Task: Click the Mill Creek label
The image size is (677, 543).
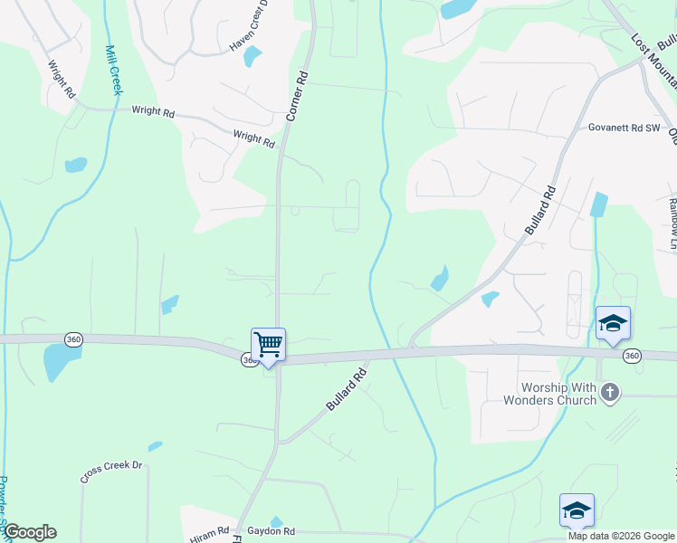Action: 113,70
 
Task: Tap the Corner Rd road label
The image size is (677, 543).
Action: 300,96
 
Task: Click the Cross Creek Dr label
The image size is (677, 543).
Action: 111,472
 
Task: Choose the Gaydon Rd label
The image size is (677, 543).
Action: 271,531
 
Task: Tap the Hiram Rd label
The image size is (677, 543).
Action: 209,536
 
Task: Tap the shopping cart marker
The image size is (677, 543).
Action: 268,345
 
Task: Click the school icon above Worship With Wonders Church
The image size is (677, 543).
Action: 613,323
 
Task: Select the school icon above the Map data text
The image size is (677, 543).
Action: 577,510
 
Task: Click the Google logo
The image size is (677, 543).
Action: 30,532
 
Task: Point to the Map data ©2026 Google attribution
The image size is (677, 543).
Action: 620,536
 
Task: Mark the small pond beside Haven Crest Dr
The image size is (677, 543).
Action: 253,57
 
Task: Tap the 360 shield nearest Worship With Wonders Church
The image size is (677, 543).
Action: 633,357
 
